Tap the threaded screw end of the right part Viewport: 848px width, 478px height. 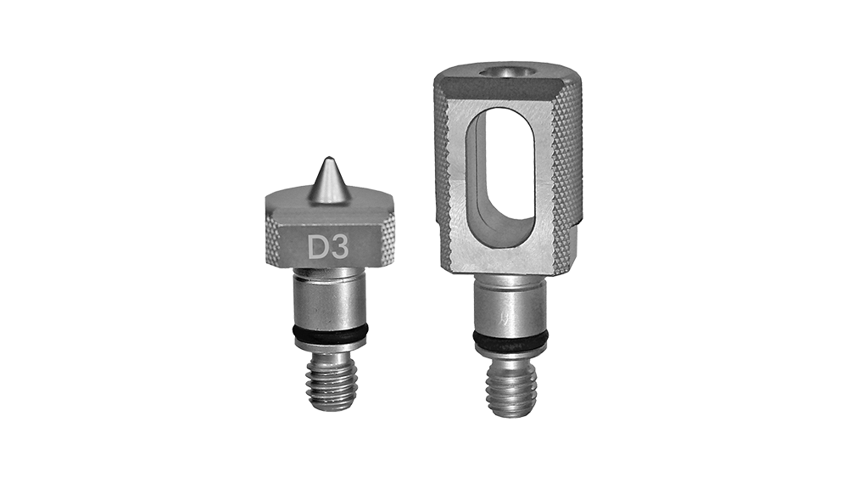(x=511, y=390)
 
